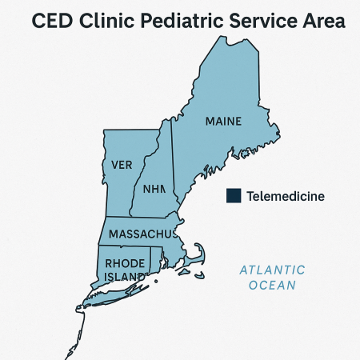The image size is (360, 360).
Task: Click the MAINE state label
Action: point(223,122)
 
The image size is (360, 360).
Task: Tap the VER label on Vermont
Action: point(122,165)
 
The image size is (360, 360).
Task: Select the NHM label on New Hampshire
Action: point(153,190)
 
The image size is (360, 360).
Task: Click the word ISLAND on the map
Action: point(123,277)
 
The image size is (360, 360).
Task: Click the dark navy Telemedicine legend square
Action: point(234,195)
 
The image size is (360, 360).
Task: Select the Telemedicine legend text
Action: point(286,196)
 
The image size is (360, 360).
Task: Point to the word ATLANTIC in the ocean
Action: point(273,270)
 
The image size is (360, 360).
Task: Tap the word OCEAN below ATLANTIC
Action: point(273,285)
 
